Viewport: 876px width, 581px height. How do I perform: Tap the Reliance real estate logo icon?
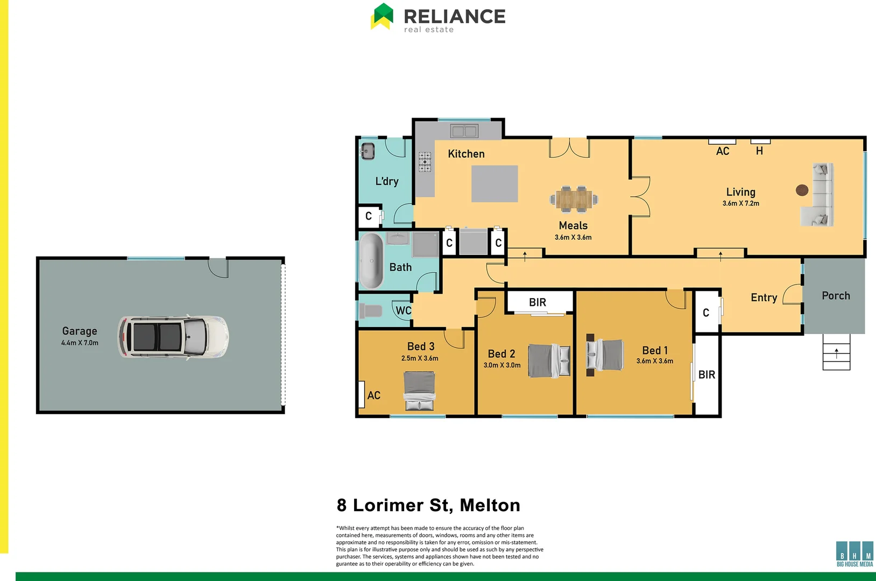(x=382, y=16)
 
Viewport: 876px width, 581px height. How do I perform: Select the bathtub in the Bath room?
(x=371, y=261)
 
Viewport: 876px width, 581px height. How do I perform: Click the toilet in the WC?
(x=371, y=310)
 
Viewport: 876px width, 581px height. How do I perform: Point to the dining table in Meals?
(x=574, y=199)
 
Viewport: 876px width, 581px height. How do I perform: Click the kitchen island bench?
(x=494, y=183)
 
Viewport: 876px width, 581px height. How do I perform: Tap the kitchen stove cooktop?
(x=425, y=161)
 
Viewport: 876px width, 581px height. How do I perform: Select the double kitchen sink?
(x=464, y=131)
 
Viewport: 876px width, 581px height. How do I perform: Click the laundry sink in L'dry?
(x=368, y=151)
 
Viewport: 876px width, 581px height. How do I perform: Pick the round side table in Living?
(x=802, y=190)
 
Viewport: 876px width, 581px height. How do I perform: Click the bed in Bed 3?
(x=419, y=391)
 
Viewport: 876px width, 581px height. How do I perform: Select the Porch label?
(x=836, y=296)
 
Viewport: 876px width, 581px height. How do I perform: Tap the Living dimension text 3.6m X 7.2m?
(x=740, y=203)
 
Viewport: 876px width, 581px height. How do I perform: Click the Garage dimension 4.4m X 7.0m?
(x=80, y=343)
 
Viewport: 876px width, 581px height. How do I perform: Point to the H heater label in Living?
(x=759, y=151)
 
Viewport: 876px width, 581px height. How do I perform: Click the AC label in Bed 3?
(x=373, y=395)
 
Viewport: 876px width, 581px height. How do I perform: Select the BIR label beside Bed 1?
(x=707, y=374)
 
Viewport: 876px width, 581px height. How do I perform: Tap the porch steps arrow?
(x=836, y=352)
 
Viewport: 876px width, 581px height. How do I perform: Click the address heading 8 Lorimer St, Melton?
(x=428, y=505)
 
